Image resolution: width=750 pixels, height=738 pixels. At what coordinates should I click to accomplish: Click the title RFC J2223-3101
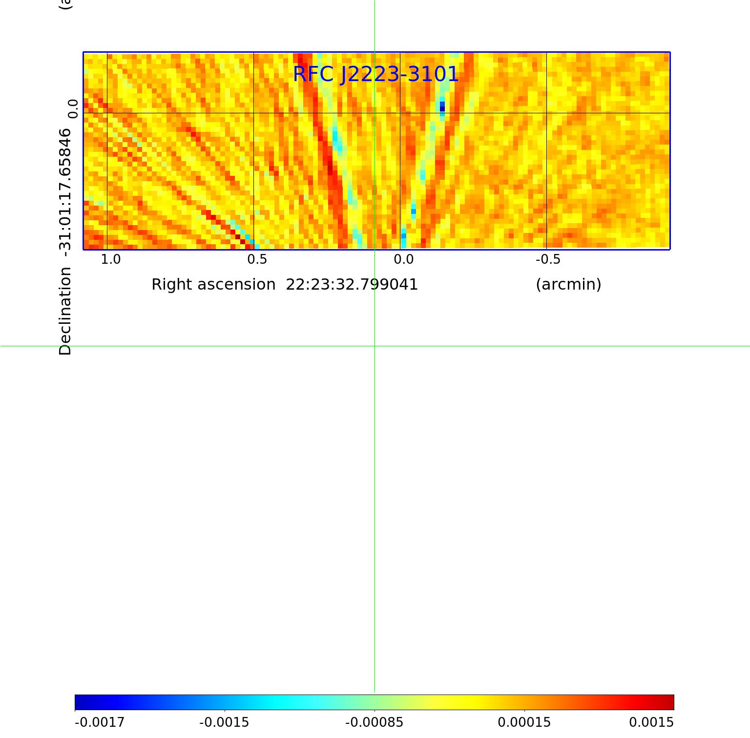point(376,74)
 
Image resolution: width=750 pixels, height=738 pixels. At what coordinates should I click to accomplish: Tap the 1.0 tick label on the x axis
point(110,259)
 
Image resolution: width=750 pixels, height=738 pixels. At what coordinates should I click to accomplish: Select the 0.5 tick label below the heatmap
point(257,259)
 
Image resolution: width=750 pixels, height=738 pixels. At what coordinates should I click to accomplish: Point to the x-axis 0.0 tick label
point(403,259)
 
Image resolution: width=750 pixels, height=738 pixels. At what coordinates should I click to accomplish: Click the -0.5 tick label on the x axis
point(548,259)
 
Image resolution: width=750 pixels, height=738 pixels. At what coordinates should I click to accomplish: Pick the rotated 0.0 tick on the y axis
point(73,108)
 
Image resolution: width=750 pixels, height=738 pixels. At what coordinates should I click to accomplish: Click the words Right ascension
point(213,284)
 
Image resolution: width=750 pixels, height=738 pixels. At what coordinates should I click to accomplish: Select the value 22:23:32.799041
point(352,284)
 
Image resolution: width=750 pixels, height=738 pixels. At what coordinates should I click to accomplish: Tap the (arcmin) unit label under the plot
point(568,284)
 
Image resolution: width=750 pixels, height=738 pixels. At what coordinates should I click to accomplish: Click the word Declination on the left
point(65,311)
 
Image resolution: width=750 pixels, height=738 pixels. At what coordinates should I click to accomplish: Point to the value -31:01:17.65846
point(65,189)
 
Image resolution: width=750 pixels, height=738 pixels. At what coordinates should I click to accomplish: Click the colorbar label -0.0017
point(100,722)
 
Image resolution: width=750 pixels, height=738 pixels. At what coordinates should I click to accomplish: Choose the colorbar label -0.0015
point(224,722)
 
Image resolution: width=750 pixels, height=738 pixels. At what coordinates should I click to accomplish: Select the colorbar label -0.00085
point(374,722)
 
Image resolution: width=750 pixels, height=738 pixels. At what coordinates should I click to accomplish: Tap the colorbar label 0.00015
point(524,722)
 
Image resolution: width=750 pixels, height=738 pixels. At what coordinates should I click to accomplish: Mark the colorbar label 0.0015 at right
point(651,722)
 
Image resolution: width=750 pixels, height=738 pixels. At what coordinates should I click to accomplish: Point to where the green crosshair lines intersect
point(375,346)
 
